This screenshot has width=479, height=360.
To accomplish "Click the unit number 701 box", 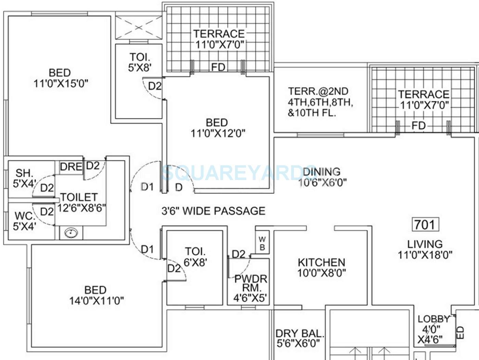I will click(425, 225).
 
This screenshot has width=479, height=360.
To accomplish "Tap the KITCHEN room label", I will click(321, 268).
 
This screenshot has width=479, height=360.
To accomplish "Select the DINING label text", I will click(322, 177).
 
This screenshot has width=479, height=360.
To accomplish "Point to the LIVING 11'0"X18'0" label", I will click(425, 249).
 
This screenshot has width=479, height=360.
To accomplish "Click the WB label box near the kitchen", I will click(262, 243).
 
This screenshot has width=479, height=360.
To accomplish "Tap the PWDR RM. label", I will click(250, 288).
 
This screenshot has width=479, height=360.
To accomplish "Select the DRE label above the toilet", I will click(71, 167).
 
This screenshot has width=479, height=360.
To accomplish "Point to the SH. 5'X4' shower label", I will click(24, 178).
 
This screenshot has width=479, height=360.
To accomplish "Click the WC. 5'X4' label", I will click(25, 221).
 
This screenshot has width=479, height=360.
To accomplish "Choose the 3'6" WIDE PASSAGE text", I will click(213, 211).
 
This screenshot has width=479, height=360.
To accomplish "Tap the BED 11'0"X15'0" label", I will click(61, 78).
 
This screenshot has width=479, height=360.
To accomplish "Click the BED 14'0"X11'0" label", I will click(96, 295).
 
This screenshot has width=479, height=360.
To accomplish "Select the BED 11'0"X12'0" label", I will click(218, 128).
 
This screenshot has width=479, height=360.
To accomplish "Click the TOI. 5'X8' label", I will click(140, 62).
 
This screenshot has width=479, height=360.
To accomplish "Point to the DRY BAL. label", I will click(299, 338).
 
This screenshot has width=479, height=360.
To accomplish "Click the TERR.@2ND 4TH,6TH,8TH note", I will click(320, 102).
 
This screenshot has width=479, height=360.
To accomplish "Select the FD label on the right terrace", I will click(418, 126).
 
